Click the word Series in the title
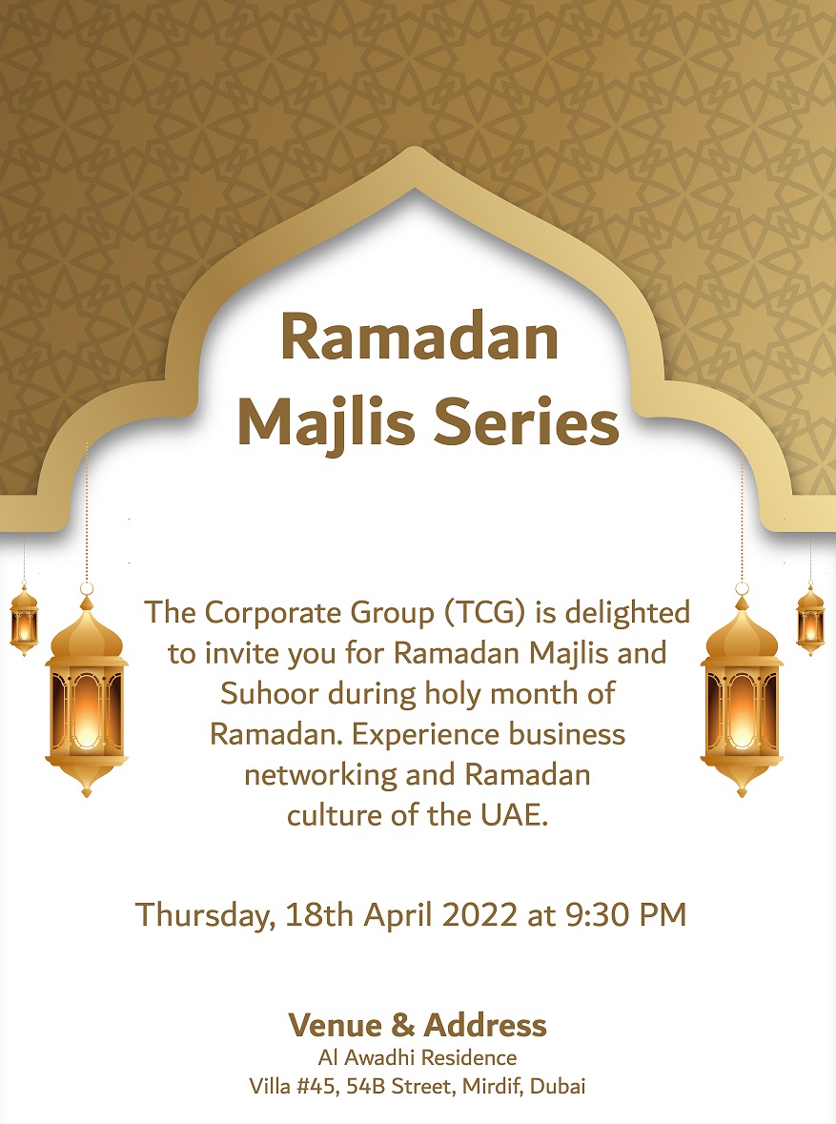(526, 422)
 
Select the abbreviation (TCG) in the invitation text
(485, 614)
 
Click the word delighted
(627, 614)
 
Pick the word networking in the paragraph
(321, 776)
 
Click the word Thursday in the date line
(205, 916)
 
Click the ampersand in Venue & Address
(402, 1026)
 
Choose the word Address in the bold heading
(485, 1025)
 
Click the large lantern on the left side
(87, 695)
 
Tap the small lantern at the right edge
(810, 621)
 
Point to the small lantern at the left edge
(25, 621)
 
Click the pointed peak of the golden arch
(415, 149)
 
